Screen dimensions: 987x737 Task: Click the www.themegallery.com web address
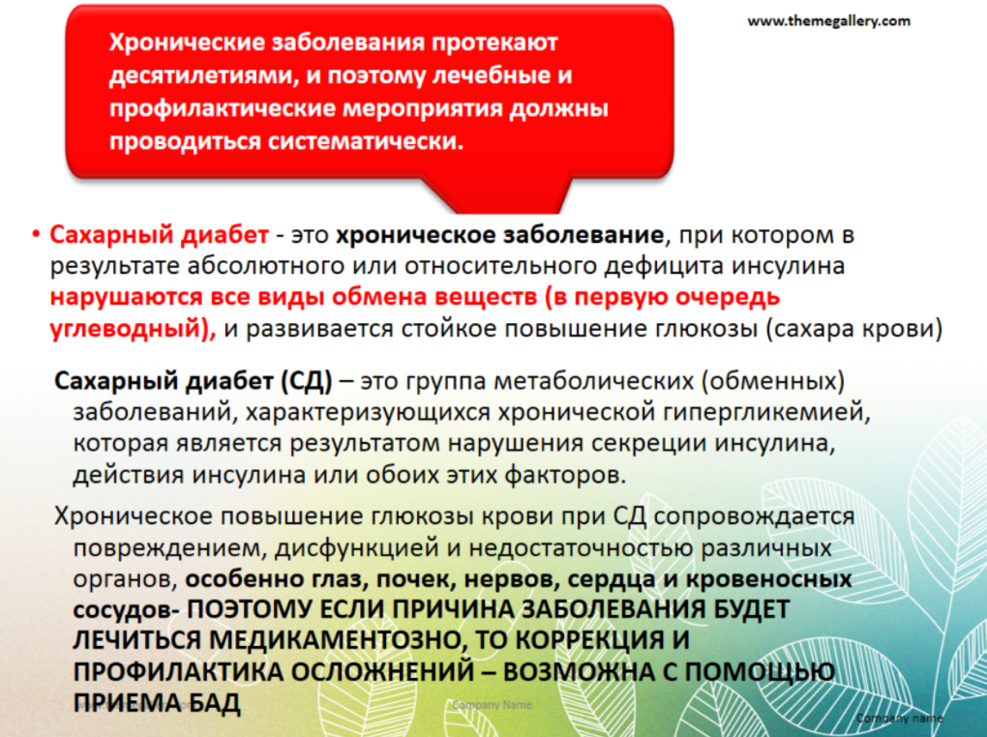click(828, 21)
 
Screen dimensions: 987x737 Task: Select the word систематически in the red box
click(366, 141)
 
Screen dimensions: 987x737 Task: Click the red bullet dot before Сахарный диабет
click(36, 235)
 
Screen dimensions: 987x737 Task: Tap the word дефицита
click(661, 266)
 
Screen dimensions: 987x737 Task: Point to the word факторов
click(565, 475)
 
